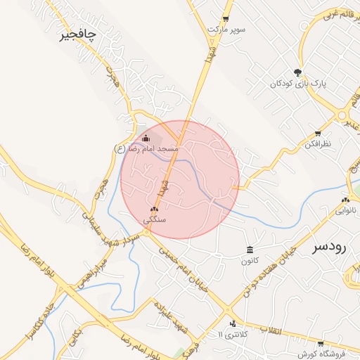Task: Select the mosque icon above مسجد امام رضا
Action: click(146, 138)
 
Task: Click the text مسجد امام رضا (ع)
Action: click(146, 149)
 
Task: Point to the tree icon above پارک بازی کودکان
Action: click(298, 72)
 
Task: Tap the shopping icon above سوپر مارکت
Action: click(226, 19)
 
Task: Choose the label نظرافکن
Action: click(317, 143)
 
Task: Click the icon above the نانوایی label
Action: click(345, 199)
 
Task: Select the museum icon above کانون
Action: click(250, 250)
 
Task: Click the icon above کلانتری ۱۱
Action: click(233, 323)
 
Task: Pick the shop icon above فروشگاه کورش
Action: click(321, 344)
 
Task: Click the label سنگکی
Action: click(155, 220)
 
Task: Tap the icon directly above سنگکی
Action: click(155, 210)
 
